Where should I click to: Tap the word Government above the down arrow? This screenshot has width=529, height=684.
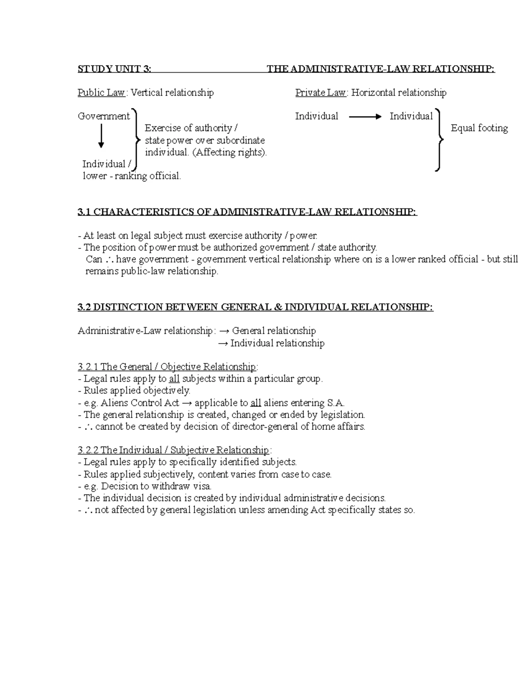tap(104, 116)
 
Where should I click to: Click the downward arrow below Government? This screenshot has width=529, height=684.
tap(101, 136)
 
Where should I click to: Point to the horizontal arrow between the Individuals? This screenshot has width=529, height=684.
tap(365, 117)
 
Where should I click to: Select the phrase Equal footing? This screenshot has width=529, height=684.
tap(479, 128)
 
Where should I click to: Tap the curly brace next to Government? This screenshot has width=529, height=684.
tap(136, 140)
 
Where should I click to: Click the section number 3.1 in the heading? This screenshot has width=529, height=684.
tap(84, 212)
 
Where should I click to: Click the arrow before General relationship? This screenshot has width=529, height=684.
tap(224, 331)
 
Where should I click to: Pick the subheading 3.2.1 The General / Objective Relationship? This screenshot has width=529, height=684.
tap(167, 367)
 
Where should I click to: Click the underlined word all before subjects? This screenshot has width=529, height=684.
tap(174, 379)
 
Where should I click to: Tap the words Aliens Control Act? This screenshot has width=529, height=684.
tap(140, 403)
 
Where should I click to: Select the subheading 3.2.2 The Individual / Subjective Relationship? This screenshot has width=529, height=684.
tap(173, 450)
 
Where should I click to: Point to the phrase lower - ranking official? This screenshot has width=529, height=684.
tap(132, 176)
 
